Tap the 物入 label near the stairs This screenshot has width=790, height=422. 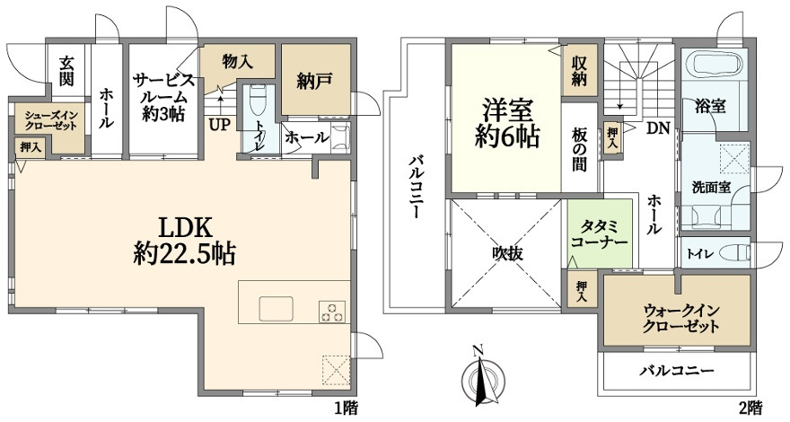(x=236, y=62)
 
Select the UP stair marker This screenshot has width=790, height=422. (x=219, y=124)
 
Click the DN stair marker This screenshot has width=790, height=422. (x=658, y=127)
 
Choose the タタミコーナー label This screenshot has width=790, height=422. (x=598, y=234)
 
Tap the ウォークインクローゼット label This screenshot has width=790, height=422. (x=679, y=318)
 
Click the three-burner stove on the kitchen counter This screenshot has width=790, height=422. (x=333, y=311)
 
